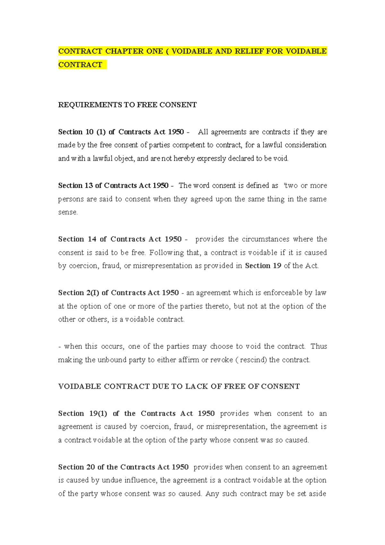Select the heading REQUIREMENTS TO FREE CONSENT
[x=127, y=105]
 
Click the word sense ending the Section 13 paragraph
[x=67, y=212]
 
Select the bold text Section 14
[x=77, y=239]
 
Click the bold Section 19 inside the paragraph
[x=263, y=266]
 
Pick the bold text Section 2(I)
[x=79, y=293]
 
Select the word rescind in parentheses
[x=253, y=360]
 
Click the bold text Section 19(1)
[x=82, y=413]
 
